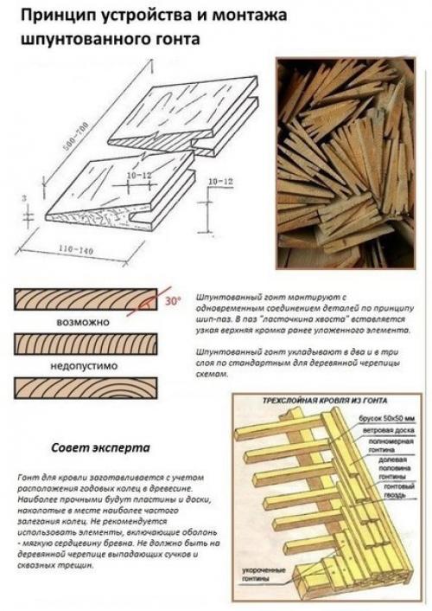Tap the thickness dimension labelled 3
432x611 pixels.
24,198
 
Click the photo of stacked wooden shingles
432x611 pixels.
346,162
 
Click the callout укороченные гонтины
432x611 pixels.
254,578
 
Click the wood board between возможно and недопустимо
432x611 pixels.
86,344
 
